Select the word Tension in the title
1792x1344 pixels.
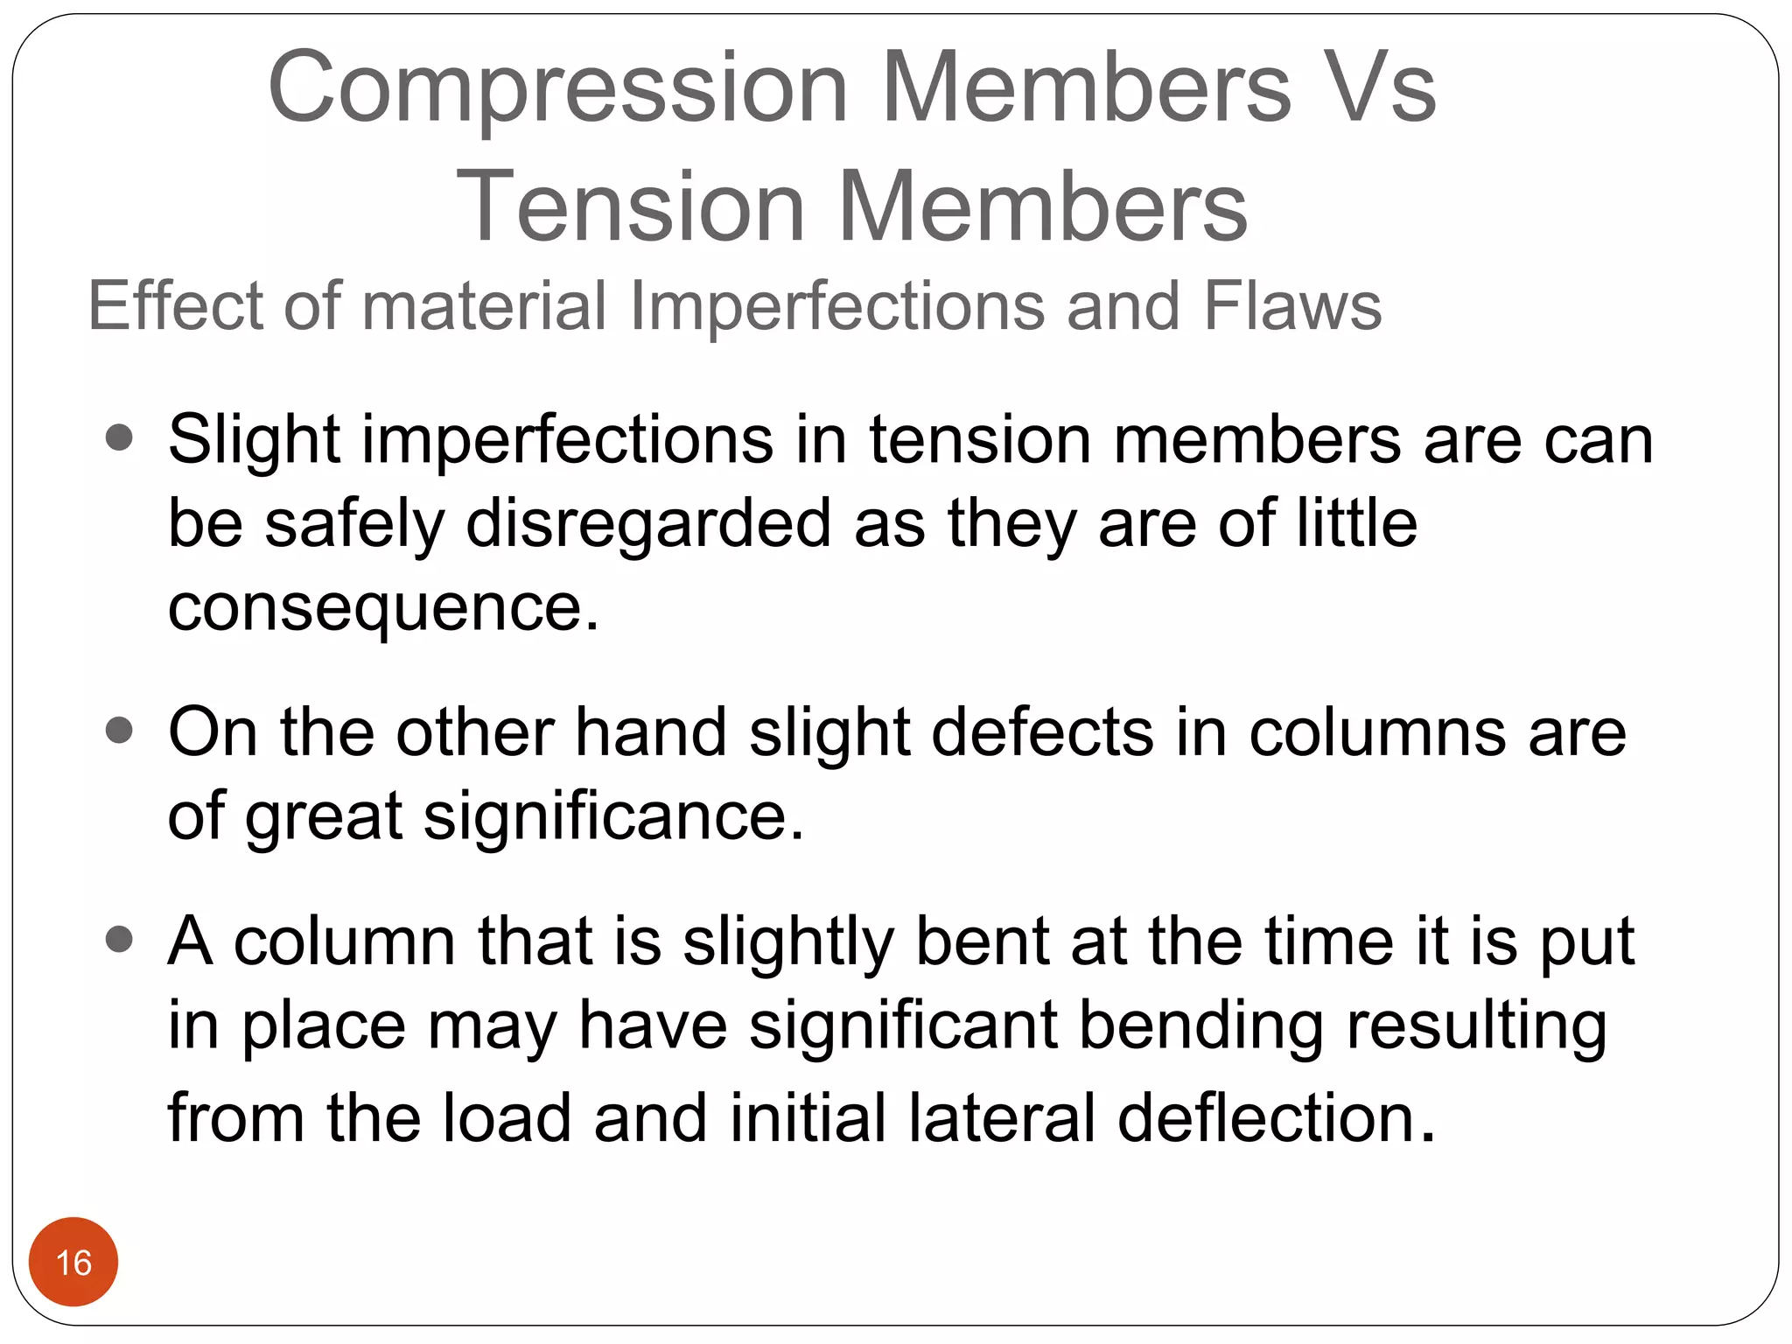click(630, 206)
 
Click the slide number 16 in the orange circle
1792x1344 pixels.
click(73, 1263)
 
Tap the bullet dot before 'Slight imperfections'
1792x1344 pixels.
click(119, 437)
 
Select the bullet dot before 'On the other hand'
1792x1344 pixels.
click(119, 730)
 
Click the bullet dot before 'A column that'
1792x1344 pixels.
click(119, 940)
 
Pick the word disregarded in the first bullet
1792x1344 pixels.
click(648, 523)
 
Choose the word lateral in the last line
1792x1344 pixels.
click(1002, 1117)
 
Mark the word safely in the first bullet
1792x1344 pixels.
click(354, 523)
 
